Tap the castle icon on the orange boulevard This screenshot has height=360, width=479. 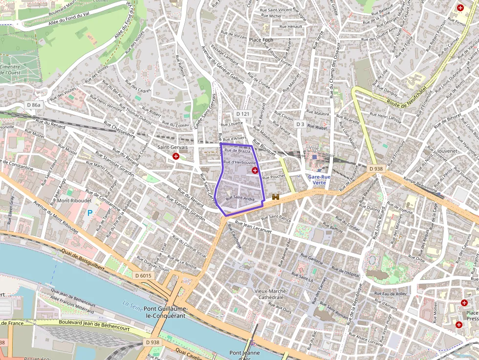(x=276, y=197)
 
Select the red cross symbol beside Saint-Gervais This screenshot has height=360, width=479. (x=176, y=156)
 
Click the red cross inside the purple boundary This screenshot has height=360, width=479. (x=255, y=170)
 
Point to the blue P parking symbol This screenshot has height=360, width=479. (x=89, y=213)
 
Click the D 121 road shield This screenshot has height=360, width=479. (x=242, y=114)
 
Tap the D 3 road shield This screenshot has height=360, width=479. (x=300, y=125)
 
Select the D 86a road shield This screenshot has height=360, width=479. (x=34, y=105)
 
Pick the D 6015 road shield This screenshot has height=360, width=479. (x=143, y=276)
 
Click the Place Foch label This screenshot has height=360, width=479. (x=261, y=40)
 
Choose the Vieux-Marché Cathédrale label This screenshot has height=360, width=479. (x=270, y=294)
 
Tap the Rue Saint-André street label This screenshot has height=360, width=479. (x=240, y=198)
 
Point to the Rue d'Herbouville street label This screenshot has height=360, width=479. (x=239, y=162)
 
